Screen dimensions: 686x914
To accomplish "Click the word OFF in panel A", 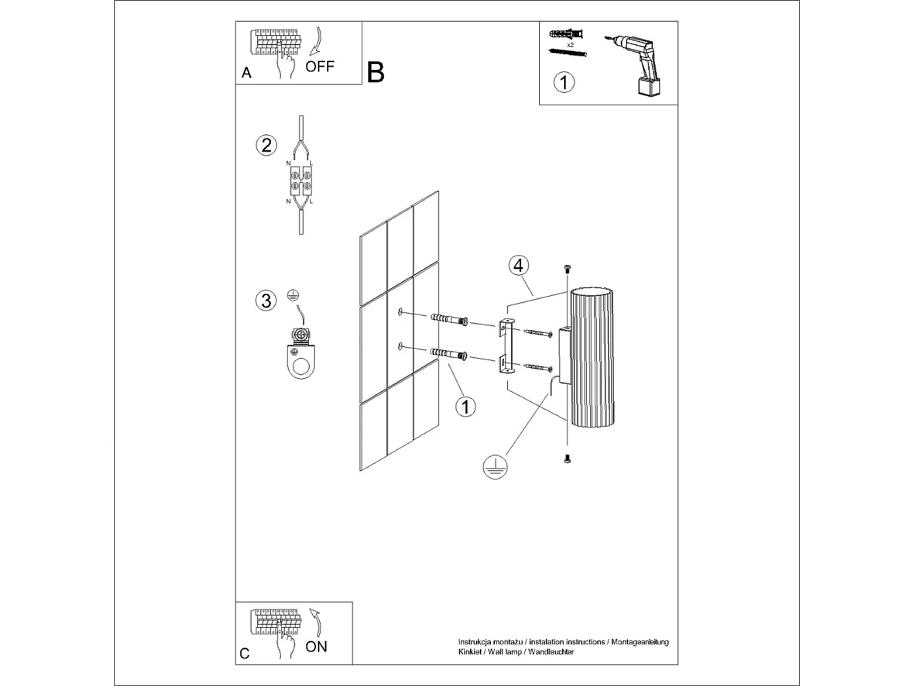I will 320,66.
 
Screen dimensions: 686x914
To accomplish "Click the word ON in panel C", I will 317,646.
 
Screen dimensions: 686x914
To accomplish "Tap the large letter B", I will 376,73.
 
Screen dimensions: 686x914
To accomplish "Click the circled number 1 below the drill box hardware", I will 564,82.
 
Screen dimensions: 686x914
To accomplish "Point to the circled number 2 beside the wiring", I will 266,144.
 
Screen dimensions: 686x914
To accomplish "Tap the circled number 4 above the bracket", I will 518,265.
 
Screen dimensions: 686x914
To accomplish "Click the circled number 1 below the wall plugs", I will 465,406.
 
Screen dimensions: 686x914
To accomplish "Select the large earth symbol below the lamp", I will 496,466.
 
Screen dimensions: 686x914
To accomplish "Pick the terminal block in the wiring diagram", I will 301,181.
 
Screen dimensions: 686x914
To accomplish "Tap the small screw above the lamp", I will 566,269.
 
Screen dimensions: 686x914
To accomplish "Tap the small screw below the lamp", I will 566,459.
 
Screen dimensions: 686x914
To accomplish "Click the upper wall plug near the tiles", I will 450,319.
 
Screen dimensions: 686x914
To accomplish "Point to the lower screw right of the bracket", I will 539,368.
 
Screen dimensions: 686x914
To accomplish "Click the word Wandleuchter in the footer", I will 551,653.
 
